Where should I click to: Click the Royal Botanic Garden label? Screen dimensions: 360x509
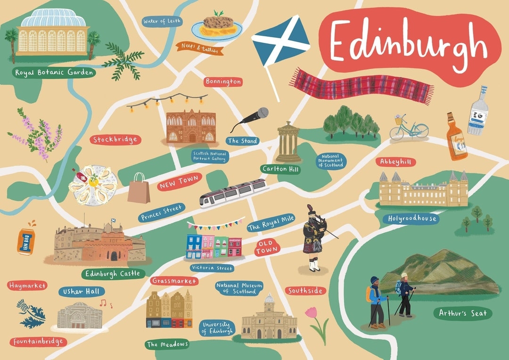pos(54,73)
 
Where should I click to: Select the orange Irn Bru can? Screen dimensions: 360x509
pos(25,241)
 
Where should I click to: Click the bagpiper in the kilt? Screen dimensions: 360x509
pos(312,238)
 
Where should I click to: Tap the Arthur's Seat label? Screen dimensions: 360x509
pos(463,313)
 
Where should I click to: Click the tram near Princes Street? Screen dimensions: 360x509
pos(233,192)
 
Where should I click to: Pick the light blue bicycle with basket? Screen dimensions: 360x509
pos(408,128)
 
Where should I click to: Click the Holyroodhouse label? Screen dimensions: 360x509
pos(412,219)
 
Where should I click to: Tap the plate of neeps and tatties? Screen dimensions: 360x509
pos(217,27)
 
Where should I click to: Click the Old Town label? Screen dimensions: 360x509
pos(267,248)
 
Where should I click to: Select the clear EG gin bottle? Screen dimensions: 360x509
pos(477,111)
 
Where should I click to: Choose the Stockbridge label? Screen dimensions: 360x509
pos(115,139)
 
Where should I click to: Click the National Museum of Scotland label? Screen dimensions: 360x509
pos(239,288)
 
